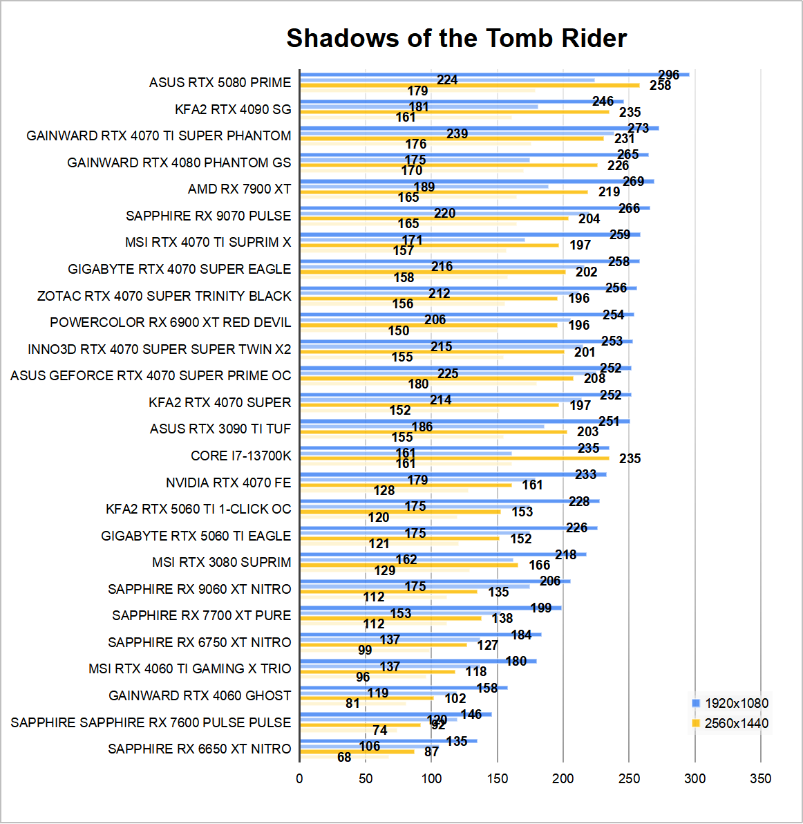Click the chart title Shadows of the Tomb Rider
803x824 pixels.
(456, 38)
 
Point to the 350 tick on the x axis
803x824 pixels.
(760, 779)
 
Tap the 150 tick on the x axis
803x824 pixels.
(497, 779)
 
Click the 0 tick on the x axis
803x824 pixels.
(299, 779)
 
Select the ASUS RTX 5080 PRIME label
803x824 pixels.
(220, 82)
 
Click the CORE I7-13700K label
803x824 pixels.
(240, 456)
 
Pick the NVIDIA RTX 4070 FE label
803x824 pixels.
(228, 483)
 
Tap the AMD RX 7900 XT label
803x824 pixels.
(239, 189)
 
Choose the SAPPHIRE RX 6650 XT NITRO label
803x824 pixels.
(199, 749)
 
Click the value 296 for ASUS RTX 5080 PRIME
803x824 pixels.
(668, 75)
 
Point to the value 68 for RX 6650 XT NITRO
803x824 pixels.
(344, 758)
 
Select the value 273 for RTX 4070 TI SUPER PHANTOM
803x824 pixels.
(638, 128)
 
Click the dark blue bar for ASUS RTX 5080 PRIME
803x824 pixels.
(494, 75)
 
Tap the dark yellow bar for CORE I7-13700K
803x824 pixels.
(454, 458)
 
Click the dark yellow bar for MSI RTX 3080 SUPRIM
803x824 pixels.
(408, 565)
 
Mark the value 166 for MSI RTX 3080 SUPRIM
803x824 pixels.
(540, 565)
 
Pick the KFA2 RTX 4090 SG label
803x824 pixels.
(233, 109)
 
